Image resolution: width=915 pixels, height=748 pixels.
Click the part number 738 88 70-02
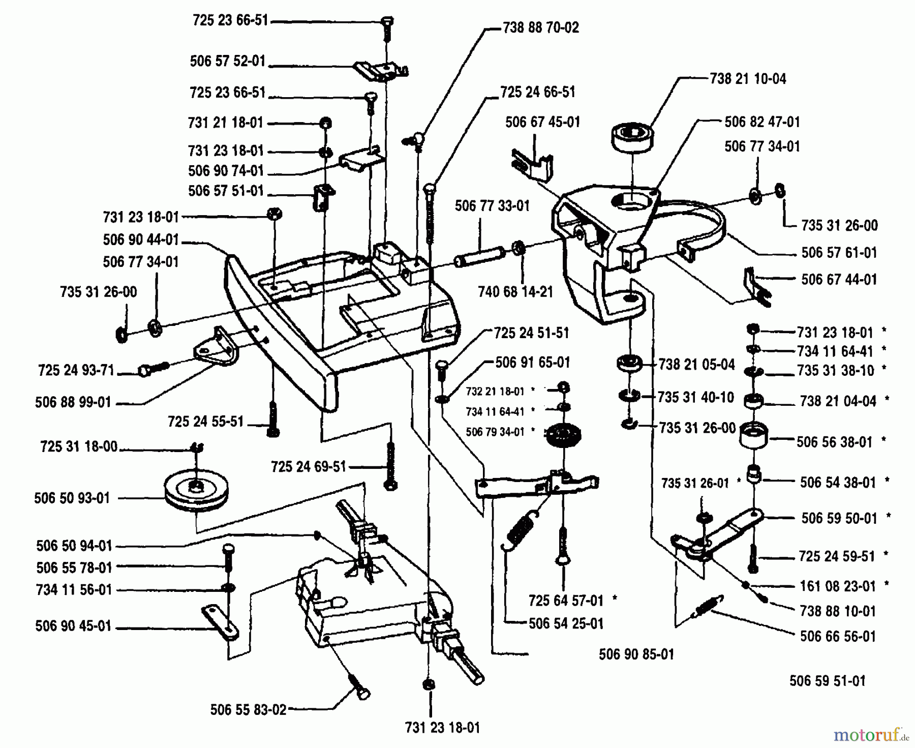click(x=540, y=27)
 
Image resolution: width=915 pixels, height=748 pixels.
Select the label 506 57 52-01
click(x=228, y=61)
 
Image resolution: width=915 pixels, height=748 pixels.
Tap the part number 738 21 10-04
click(x=748, y=79)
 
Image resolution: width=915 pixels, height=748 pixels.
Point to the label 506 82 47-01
click(x=762, y=122)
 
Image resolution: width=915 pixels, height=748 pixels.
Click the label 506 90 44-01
click(x=141, y=240)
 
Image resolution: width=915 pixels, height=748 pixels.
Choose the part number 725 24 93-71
click(x=76, y=370)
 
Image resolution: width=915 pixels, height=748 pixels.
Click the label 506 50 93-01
click(x=72, y=498)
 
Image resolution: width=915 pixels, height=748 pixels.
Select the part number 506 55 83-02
click(x=248, y=710)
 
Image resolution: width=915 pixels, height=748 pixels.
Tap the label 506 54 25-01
click(x=566, y=623)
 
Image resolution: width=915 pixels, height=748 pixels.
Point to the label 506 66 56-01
click(x=837, y=636)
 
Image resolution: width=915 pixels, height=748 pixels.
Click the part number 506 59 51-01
click(x=827, y=681)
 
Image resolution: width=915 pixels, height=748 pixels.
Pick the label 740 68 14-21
click(x=515, y=292)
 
